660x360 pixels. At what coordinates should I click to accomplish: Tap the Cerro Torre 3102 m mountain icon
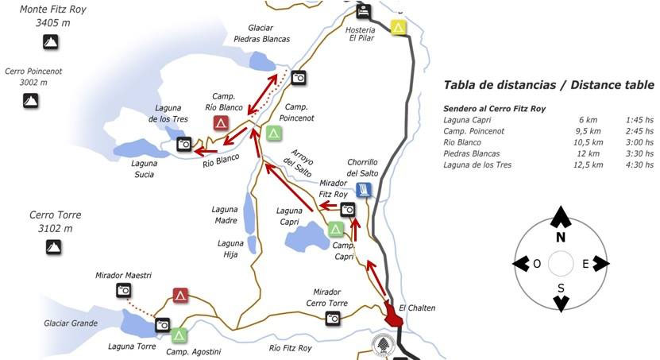[x=54, y=248]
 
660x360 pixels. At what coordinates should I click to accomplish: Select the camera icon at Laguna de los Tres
[x=184, y=144]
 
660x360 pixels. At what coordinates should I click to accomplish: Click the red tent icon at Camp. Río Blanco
[x=222, y=122]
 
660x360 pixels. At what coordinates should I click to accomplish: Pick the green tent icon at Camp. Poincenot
[x=274, y=133]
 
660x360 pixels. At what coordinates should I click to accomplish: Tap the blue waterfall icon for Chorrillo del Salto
[x=363, y=189]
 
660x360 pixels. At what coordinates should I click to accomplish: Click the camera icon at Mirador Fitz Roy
[x=348, y=209]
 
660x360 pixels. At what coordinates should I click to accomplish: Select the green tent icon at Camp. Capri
[x=336, y=229]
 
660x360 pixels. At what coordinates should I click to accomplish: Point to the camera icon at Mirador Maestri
[x=123, y=290]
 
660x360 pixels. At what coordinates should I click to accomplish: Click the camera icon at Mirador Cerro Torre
[x=333, y=318]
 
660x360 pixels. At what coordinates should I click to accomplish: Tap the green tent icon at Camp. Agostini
[x=179, y=335]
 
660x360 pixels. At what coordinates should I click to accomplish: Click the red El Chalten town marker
[x=393, y=314]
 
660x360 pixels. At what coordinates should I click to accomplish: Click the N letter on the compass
[x=561, y=237]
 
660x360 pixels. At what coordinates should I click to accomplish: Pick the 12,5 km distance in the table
[x=589, y=165]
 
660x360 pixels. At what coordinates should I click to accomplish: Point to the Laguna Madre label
[x=225, y=215]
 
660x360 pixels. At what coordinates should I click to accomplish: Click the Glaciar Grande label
[x=71, y=323]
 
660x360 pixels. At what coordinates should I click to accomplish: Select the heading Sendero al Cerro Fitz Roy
[x=494, y=108]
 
